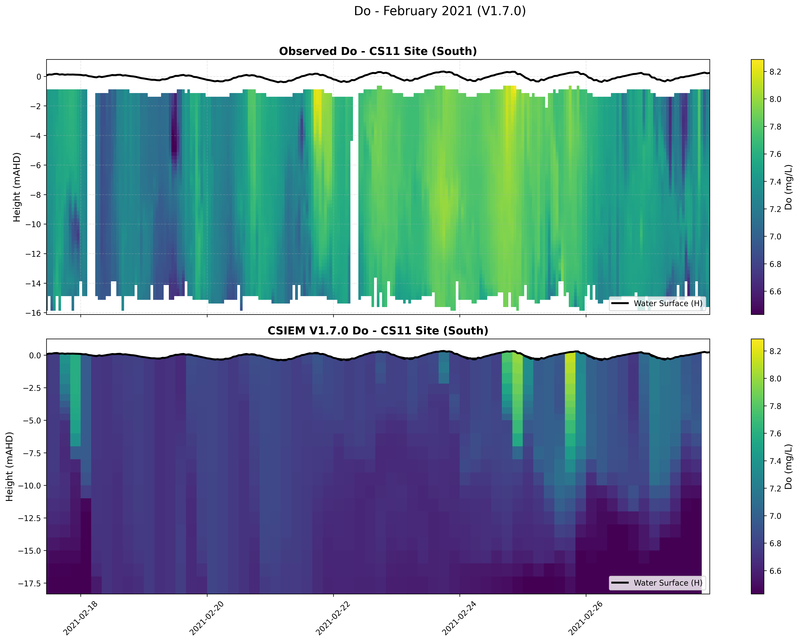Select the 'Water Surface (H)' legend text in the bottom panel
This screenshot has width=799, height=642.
click(x=668, y=583)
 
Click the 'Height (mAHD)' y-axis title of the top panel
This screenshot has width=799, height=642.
click(x=17, y=187)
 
